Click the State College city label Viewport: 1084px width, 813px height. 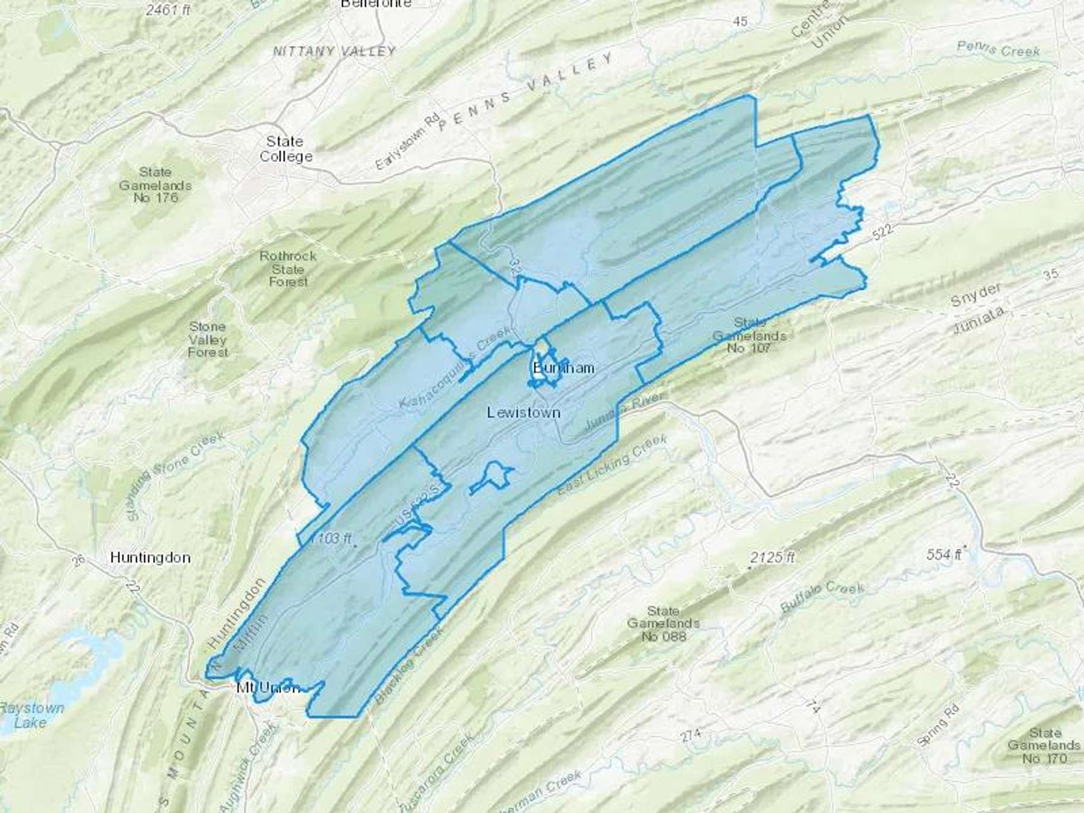pos(286,149)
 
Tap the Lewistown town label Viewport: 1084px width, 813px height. pos(523,413)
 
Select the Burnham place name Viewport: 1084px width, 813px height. pos(564,367)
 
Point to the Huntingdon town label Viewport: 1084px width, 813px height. pos(151,558)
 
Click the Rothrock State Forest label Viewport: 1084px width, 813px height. pos(288,269)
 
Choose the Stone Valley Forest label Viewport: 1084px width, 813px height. pos(208,339)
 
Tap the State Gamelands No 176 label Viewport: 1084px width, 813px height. pos(155,185)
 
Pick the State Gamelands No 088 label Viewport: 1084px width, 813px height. pos(662,623)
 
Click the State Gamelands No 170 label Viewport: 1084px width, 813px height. pos(1044,746)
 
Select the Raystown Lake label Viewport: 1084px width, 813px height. pos(31,715)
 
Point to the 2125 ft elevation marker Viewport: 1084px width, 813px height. pos(773,558)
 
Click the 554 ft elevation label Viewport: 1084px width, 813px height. pos(944,554)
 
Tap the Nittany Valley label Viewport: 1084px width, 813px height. pos(334,51)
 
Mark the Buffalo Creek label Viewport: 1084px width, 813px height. pos(823,596)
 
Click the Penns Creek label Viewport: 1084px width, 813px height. pos(998,49)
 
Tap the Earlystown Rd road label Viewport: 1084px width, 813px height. pos(408,140)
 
